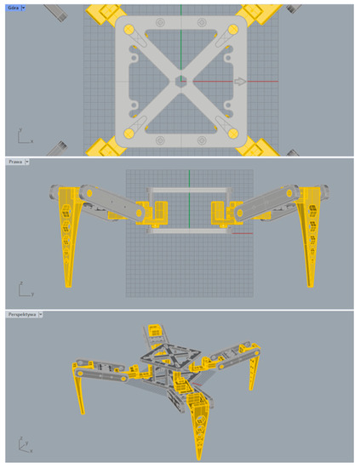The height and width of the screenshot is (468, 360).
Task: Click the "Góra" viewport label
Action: coord(14,8)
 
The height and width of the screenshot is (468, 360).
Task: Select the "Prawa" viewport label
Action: coord(14,161)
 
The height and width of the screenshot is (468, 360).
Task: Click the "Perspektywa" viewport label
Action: coord(20,314)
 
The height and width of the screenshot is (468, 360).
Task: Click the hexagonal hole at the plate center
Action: coord(180,82)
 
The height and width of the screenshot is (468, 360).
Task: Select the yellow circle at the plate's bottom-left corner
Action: coord(129,134)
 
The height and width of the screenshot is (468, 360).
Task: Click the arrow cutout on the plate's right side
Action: coord(242,82)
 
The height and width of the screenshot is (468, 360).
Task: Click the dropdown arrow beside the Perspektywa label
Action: coord(40,314)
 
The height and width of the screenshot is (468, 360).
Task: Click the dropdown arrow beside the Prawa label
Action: coord(27,161)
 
